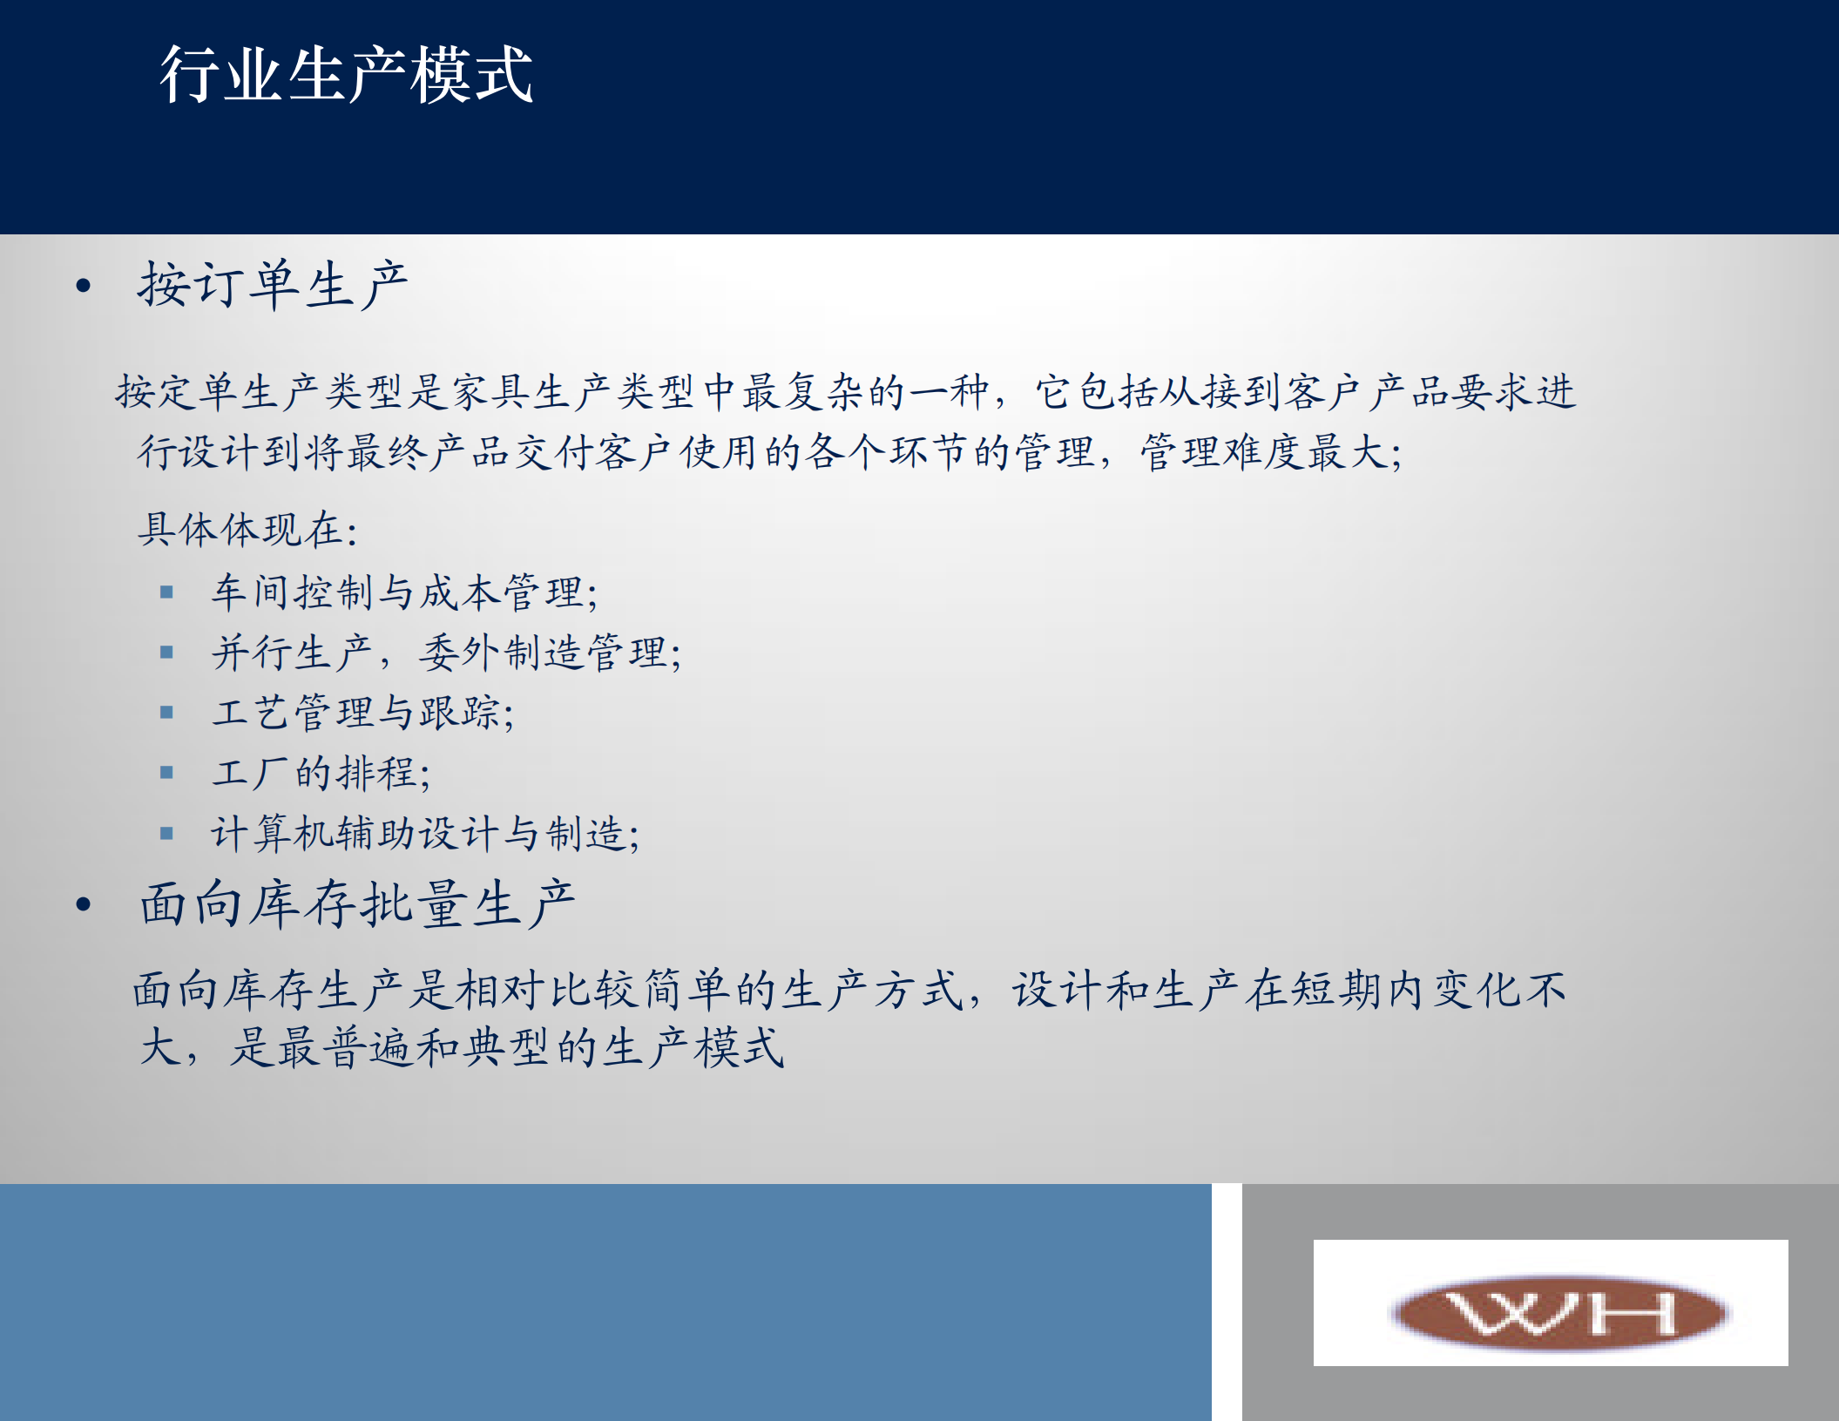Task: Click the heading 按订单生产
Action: click(x=273, y=285)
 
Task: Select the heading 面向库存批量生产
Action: click(x=357, y=903)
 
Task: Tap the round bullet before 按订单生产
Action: click(x=84, y=286)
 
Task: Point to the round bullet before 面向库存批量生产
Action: click(x=84, y=904)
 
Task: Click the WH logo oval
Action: click(x=1559, y=1312)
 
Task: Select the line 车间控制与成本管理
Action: click(x=404, y=592)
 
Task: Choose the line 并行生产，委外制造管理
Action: click(x=446, y=653)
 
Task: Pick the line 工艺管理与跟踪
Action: click(x=362, y=713)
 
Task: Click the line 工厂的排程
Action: click(x=321, y=773)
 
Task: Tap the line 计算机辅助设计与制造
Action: click(x=425, y=834)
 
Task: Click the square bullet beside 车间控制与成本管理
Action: click(x=167, y=593)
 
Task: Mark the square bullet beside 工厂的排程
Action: click(x=167, y=773)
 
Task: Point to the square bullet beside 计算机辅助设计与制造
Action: click(x=167, y=834)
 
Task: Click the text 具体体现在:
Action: click(x=247, y=530)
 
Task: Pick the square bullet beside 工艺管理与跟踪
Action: click(x=167, y=713)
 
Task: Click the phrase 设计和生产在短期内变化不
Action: click(x=1288, y=991)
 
